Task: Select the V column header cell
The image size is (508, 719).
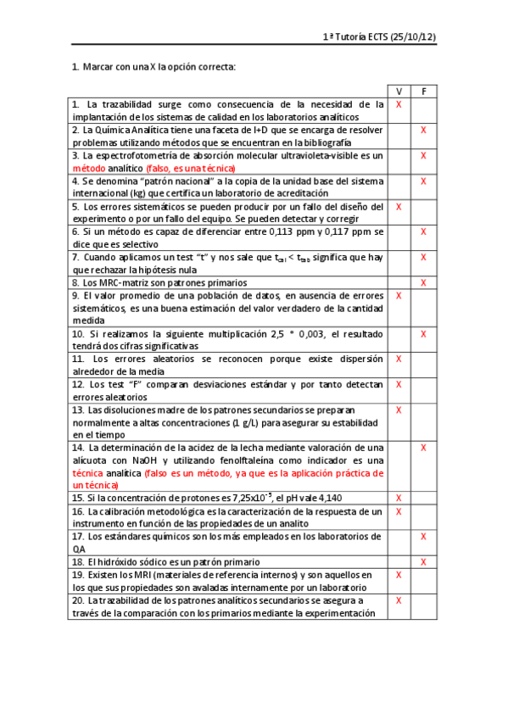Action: (x=399, y=91)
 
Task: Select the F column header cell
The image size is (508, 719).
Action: (x=423, y=91)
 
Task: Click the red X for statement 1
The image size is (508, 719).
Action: (x=399, y=103)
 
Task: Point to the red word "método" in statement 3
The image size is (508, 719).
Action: (x=89, y=168)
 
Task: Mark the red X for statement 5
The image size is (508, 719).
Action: (x=399, y=206)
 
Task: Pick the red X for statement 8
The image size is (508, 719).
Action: (x=423, y=281)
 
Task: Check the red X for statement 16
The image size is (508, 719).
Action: (x=399, y=511)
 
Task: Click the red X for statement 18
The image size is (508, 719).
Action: (x=423, y=561)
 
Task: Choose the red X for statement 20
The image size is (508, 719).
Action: (x=399, y=600)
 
